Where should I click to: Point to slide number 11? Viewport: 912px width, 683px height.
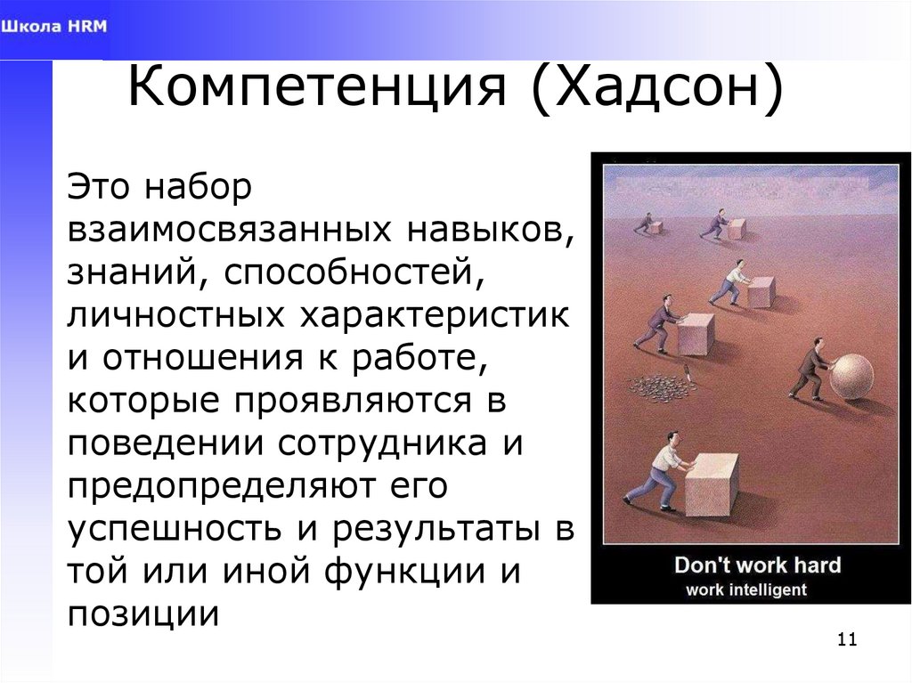pos(846,640)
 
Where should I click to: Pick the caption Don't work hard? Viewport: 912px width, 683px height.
pos(757,565)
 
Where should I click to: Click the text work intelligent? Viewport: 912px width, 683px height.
pos(745,589)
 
